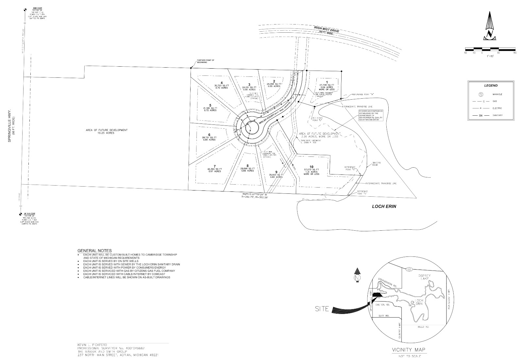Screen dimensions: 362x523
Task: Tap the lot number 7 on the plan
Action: (215, 166)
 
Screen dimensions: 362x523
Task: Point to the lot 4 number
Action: (221, 83)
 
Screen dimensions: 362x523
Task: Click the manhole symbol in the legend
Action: (481, 94)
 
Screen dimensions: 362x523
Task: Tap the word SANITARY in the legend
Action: (498, 115)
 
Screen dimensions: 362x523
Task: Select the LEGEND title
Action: (491, 86)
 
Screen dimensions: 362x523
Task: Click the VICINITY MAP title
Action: (409, 350)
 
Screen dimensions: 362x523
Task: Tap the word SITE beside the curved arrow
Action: (322, 309)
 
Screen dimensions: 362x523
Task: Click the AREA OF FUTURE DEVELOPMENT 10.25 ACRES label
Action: (107, 131)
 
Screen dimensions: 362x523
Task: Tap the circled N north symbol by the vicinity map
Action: (358, 278)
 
